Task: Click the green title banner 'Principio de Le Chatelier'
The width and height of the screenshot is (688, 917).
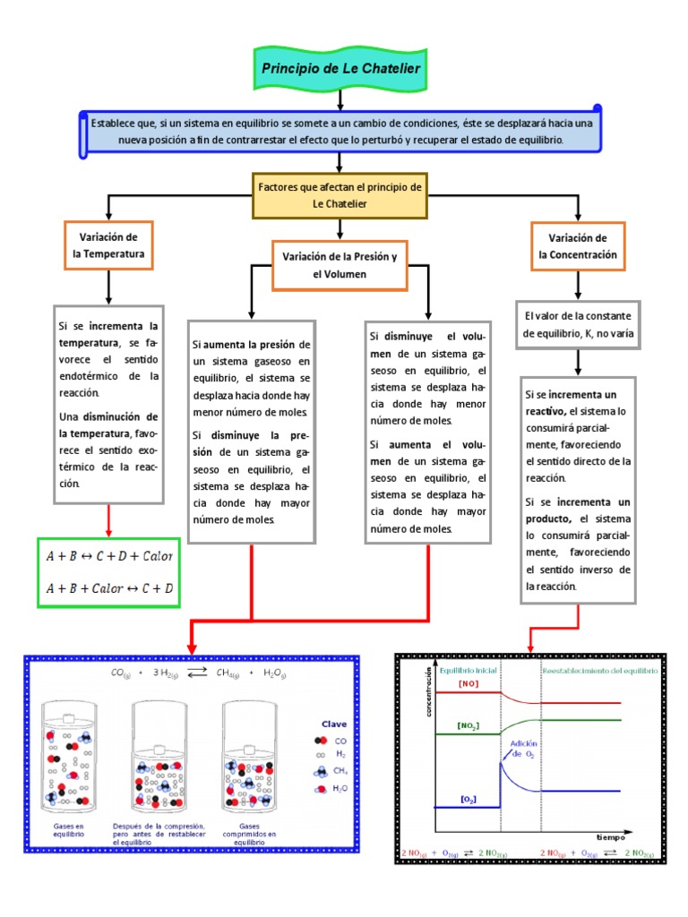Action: [x=340, y=68]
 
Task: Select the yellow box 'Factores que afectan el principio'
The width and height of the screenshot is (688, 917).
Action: [x=340, y=196]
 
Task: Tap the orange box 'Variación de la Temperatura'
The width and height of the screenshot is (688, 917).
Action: [x=108, y=245]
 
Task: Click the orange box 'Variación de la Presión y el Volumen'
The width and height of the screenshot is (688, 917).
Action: [x=340, y=265]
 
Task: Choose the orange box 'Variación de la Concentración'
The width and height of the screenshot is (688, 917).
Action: [x=578, y=245]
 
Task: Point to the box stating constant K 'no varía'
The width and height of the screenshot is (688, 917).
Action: [x=578, y=324]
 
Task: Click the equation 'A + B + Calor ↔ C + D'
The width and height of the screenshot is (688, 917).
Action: [x=109, y=588]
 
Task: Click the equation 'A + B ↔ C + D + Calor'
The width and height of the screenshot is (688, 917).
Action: [x=109, y=555]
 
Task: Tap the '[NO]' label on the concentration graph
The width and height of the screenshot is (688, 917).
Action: [x=468, y=683]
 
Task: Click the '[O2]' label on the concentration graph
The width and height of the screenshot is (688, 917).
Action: [x=468, y=797]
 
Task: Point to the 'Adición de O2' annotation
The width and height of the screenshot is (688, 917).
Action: [x=524, y=748]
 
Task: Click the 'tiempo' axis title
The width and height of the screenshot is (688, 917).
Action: [x=612, y=836]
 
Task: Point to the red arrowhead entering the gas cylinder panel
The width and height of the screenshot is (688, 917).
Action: [x=190, y=647]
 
